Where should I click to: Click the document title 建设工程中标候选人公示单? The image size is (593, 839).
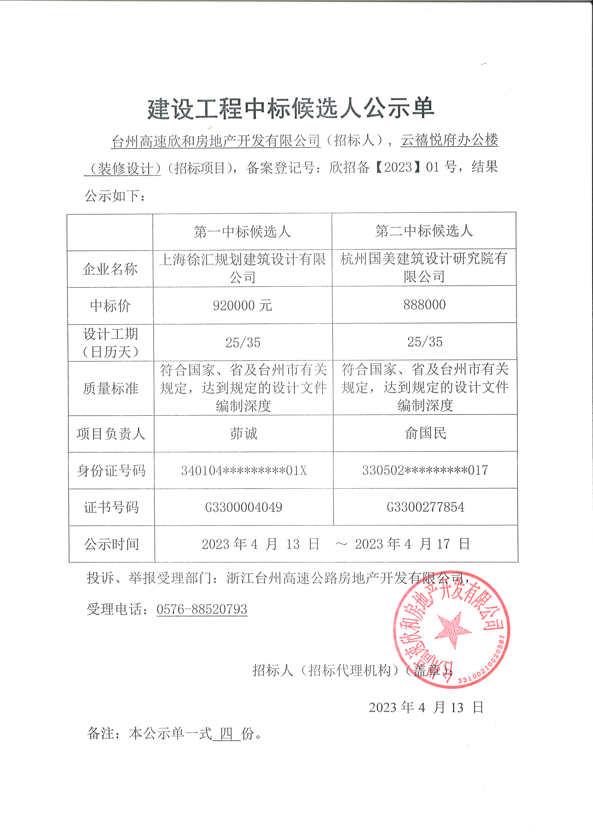291,109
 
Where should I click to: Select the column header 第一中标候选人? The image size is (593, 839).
242,232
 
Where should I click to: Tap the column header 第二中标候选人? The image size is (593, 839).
424,231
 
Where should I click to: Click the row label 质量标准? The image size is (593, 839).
111,388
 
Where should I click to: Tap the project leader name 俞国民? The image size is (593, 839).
425,433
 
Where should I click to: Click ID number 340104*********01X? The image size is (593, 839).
244,471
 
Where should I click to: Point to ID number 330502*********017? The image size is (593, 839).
425,470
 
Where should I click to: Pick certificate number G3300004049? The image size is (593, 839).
244,507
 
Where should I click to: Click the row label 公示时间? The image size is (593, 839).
111,544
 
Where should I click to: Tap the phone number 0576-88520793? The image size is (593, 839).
202,609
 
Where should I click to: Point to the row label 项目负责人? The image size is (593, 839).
111,434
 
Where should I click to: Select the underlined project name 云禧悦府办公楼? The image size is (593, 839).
449,139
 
